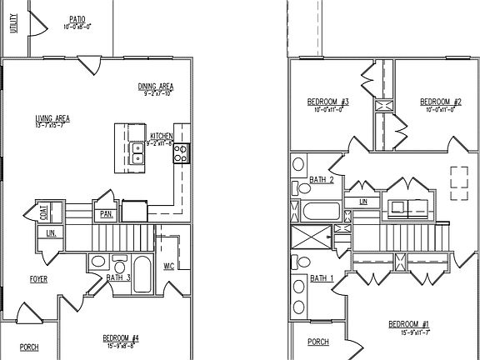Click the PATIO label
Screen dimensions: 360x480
[77, 17]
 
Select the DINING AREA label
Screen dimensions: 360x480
[155, 87]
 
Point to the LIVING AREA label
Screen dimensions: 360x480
[52, 118]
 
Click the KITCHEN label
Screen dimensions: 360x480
[161, 136]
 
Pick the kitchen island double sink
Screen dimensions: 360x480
[138, 152]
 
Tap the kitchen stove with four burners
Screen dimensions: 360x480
[181, 152]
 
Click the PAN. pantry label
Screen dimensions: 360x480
[106, 214]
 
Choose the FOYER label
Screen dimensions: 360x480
[38, 279]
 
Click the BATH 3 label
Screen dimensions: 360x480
[118, 277]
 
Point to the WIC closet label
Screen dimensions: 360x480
[169, 267]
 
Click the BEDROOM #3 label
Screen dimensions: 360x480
[327, 102]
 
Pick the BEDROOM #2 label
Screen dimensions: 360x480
[439, 102]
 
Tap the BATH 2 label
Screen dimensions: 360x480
[322, 179]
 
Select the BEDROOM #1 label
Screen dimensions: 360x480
[407, 323]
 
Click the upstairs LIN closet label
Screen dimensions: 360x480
[362, 202]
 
